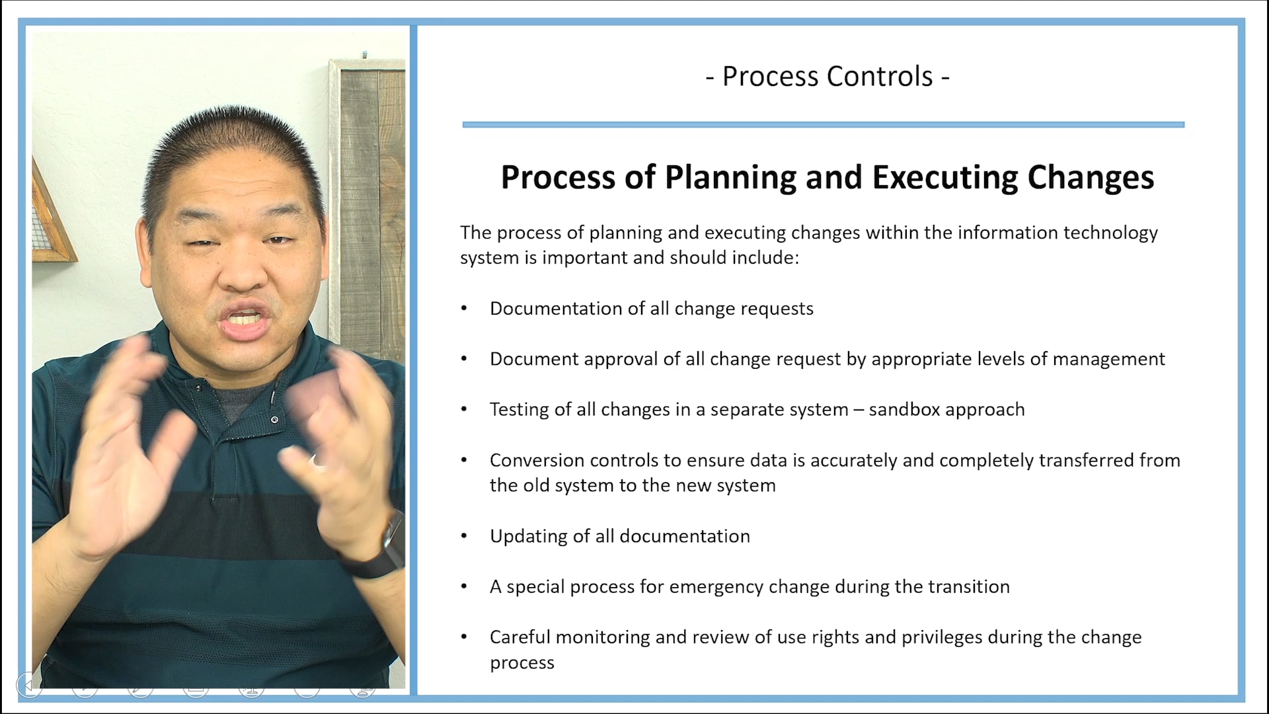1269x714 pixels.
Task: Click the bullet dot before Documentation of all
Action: (464, 309)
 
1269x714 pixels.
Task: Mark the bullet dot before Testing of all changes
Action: (464, 410)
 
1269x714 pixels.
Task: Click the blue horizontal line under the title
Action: (823, 124)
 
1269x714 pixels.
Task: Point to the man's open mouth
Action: (245, 320)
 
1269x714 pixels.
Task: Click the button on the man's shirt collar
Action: (274, 420)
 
